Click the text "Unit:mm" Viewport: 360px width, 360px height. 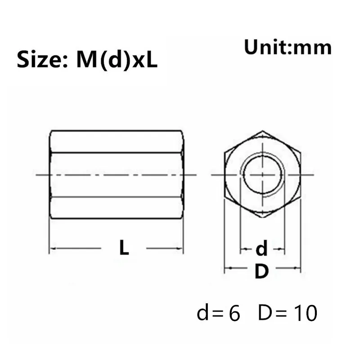tap(288, 47)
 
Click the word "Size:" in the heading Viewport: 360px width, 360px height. tap(43, 60)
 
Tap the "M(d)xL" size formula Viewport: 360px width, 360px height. tap(117, 60)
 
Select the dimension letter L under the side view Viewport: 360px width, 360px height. tap(124, 248)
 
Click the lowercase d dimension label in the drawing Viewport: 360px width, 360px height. tap(261, 248)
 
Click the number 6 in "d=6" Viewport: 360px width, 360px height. tap(234, 314)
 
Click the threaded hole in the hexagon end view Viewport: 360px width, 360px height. tap(262, 175)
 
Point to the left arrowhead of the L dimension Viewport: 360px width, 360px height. tap(52, 248)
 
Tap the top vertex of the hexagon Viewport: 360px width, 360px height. tap(262, 131)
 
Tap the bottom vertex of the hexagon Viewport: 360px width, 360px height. tap(262, 218)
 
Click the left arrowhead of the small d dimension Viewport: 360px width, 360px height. tap(243, 248)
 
